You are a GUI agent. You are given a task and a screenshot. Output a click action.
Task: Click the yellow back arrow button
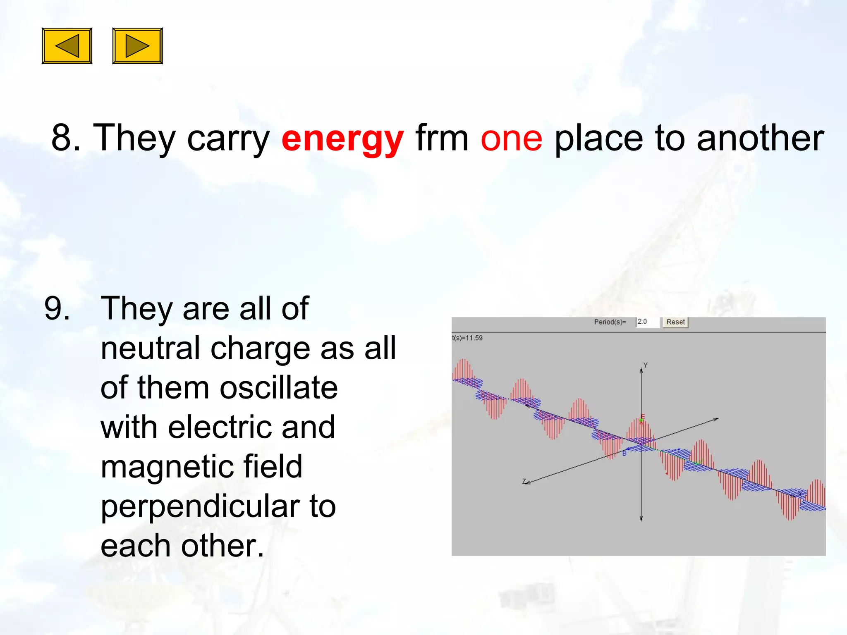click(x=67, y=46)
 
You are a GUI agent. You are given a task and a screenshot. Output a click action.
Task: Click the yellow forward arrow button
click(x=137, y=46)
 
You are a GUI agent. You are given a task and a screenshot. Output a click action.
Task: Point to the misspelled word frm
click(x=442, y=138)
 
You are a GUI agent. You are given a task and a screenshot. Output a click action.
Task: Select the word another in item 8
click(x=760, y=138)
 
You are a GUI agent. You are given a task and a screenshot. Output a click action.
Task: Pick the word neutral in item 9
click(x=151, y=348)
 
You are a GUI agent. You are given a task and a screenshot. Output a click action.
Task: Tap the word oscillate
click(x=279, y=388)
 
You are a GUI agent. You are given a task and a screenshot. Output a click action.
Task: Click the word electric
click(x=219, y=427)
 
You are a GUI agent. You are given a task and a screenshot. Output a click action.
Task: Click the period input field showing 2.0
click(x=647, y=322)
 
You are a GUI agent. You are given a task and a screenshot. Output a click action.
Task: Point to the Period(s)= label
click(x=610, y=322)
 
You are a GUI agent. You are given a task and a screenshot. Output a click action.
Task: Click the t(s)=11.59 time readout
click(x=467, y=338)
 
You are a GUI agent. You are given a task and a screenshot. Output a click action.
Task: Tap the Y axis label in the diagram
click(x=645, y=365)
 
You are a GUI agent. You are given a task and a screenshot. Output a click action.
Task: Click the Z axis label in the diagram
click(x=524, y=481)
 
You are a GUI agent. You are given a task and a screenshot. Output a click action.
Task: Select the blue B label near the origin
click(x=624, y=454)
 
